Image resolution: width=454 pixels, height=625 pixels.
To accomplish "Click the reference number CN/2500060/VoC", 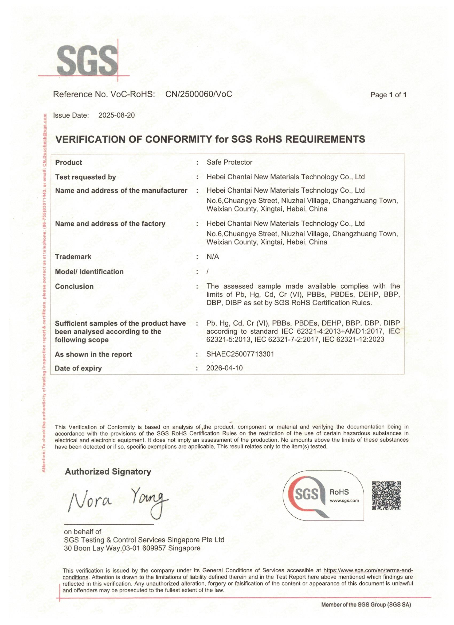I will coord(198,94).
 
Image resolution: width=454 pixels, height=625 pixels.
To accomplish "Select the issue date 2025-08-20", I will coord(117,115).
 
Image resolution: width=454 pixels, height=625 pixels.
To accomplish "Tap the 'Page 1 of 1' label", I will coord(388,95).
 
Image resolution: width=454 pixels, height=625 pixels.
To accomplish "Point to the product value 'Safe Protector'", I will coord(229,162).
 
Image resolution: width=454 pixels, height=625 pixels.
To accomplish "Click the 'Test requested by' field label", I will coord(85,177).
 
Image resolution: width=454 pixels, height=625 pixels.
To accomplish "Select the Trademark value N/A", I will coord(213,257).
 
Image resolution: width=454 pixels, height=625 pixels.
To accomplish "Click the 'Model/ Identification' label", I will coord(89,272).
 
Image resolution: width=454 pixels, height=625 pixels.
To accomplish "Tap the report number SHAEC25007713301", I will coord(240,354).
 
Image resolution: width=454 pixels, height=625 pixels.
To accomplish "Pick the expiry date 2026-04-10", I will coord(224,368).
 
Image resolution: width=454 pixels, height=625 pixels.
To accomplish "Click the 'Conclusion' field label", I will coord(74,286).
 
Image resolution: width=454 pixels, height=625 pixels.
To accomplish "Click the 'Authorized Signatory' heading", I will coord(108,472).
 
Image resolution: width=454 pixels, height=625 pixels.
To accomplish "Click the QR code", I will coord(386,495).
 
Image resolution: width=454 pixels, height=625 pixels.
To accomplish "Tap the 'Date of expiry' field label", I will coord(78,368).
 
